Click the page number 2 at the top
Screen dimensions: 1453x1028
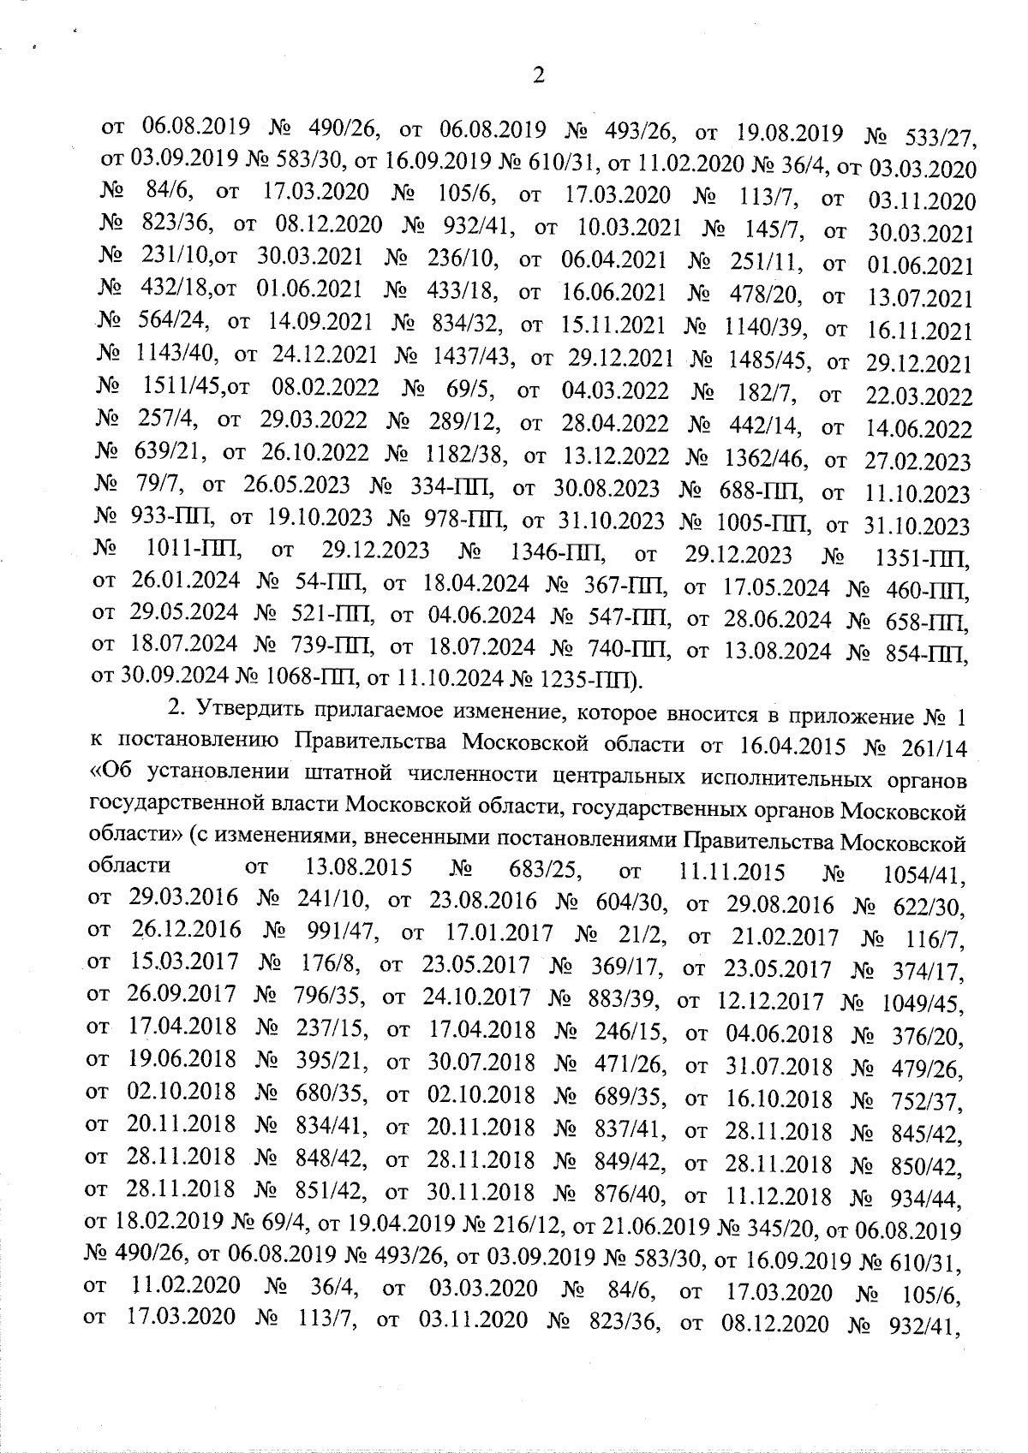538,76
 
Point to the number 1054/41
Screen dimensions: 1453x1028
924,876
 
